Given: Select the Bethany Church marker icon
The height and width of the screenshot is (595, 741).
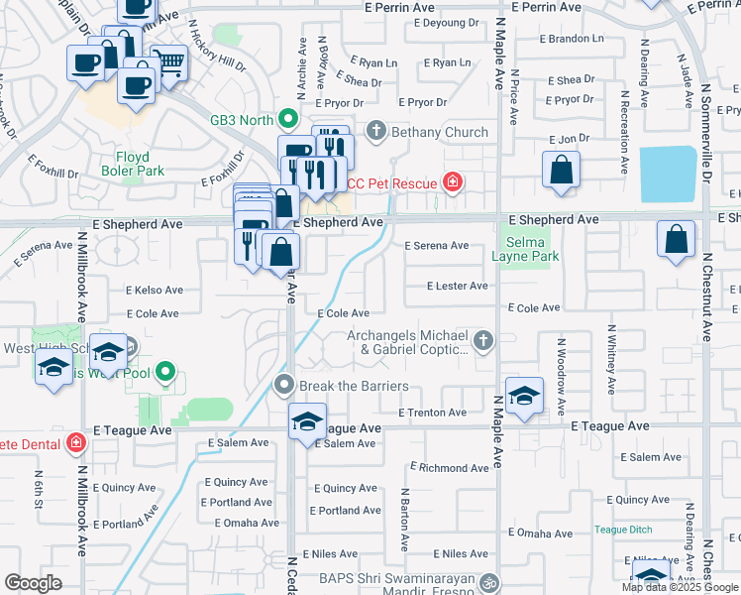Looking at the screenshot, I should click(375, 131).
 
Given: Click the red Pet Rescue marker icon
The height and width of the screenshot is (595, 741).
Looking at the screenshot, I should click(453, 181).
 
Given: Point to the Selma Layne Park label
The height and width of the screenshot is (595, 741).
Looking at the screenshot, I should click(532, 249).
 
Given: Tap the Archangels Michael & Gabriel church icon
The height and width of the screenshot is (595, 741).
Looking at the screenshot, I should click(482, 341).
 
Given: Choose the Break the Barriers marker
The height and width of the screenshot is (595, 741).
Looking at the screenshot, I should click(284, 385).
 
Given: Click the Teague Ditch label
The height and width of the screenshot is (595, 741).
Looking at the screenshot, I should click(621, 530).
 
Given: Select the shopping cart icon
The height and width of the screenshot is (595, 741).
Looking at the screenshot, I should click(168, 62).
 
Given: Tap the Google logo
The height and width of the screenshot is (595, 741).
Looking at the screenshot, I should click(33, 583).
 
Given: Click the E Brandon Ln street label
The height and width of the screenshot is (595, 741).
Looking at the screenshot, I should click(571, 39).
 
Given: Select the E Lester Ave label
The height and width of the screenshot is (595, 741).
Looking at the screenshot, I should click(457, 286).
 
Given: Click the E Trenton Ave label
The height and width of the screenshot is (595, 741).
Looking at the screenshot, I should click(432, 413).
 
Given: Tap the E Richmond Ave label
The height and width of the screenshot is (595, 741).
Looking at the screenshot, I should click(449, 467).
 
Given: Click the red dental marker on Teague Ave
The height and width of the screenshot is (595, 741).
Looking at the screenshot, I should click(76, 441).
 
